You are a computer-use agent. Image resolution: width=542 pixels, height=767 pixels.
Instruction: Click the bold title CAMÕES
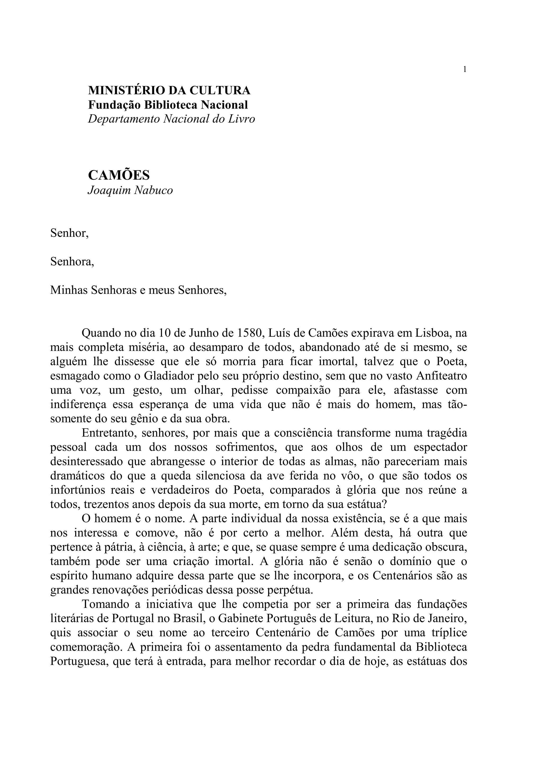click(119, 175)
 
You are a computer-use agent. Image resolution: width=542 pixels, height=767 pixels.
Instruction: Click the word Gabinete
click(241, 619)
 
